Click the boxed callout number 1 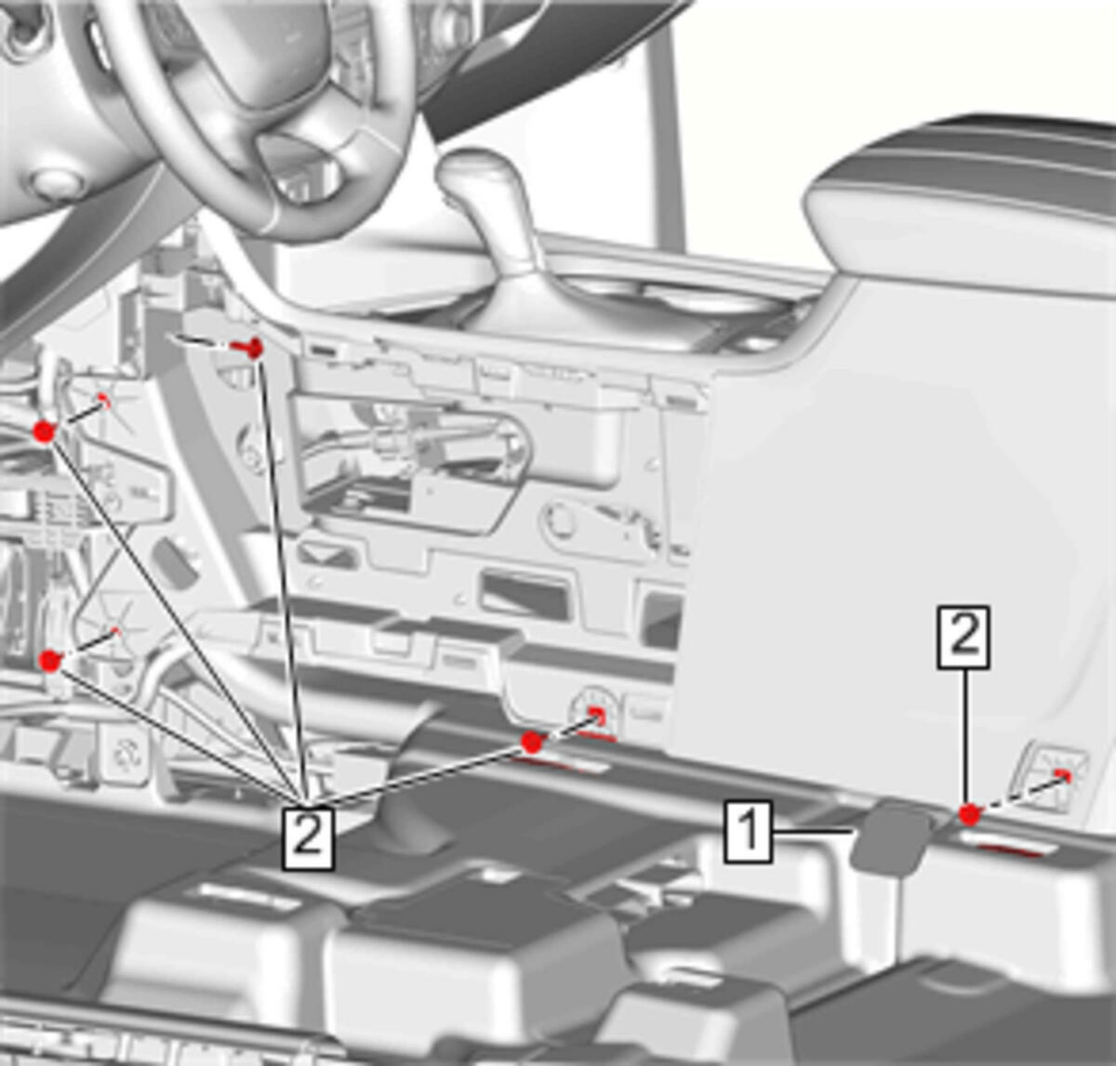(748, 832)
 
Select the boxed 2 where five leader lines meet (308, 838)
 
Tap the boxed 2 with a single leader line (963, 637)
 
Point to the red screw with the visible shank (247, 348)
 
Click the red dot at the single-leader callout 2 (969, 814)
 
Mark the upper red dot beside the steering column (44, 431)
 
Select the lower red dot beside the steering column (50, 661)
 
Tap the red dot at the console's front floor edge (532, 744)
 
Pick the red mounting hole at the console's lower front (597, 715)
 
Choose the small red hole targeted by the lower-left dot (116, 632)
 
